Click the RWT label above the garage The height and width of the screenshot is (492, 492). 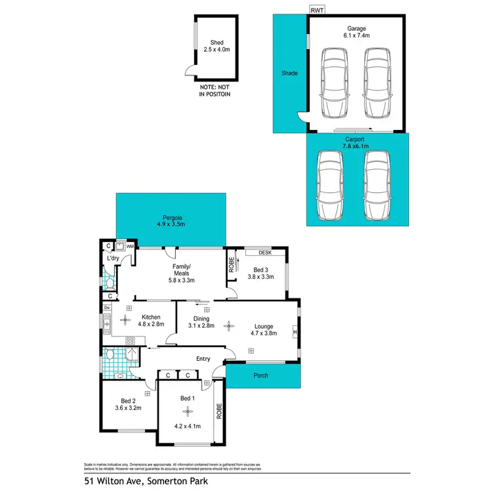coord(318,10)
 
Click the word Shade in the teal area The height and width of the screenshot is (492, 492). coord(289,73)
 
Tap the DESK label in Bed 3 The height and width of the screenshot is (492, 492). coord(265,252)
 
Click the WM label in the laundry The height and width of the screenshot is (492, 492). coord(130,246)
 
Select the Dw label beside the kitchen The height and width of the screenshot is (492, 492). coord(107,308)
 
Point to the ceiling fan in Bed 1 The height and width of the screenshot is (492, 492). coord(188,411)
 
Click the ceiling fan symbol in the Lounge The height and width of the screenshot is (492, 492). coord(228,324)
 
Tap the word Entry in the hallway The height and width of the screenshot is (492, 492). coord(203,358)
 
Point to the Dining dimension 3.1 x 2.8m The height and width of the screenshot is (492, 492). coord(201,325)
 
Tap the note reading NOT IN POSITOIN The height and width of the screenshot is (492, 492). coord(216,91)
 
